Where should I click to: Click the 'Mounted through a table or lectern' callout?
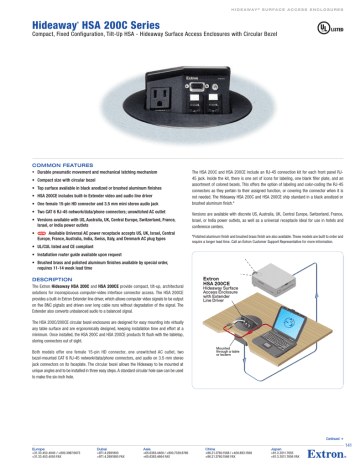222,353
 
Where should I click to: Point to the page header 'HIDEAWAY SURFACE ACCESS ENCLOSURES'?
271,6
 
